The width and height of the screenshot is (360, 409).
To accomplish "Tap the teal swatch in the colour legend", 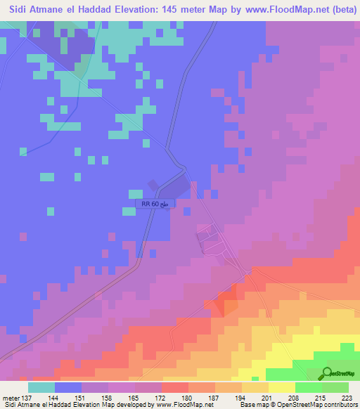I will click(41, 387).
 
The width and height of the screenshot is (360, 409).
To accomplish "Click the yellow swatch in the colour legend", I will click(282, 387).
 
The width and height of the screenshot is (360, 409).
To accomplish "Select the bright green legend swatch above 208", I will click(309, 387).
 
